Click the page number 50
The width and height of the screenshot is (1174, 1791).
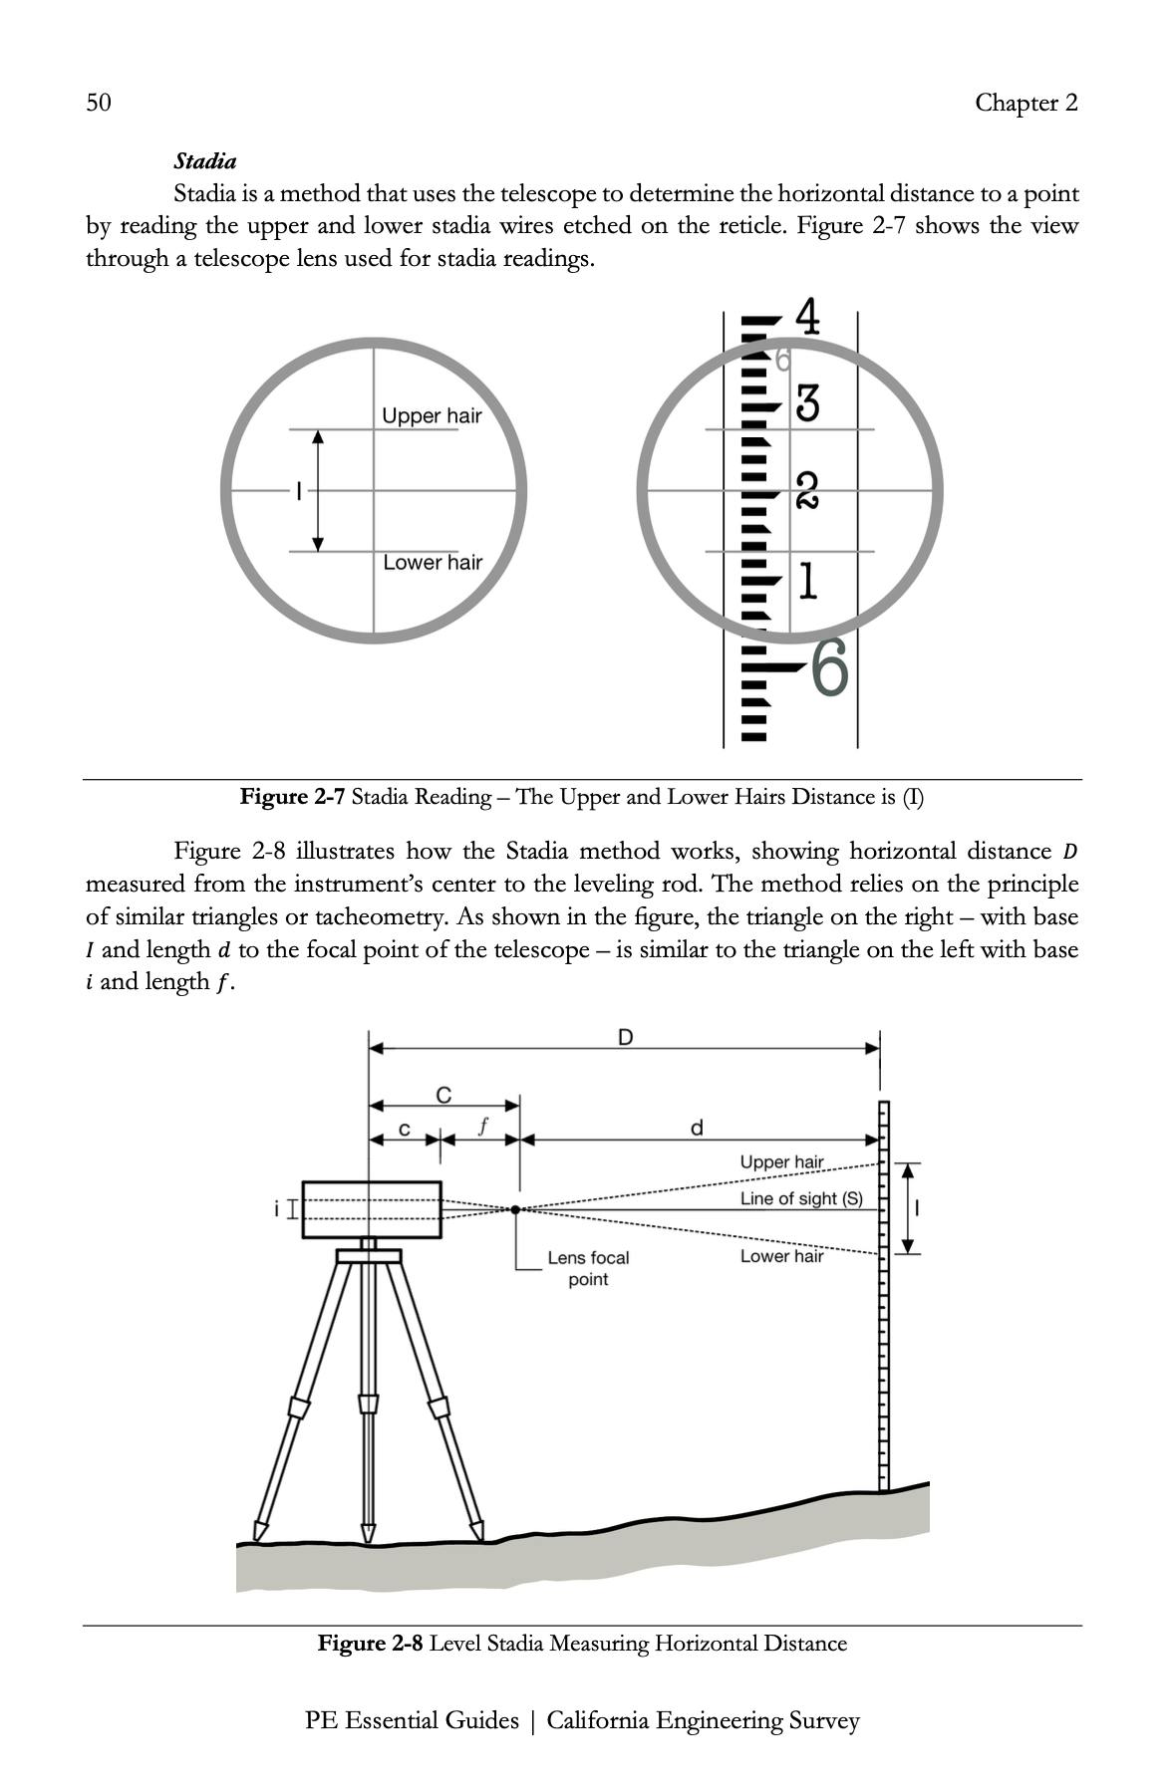tap(99, 103)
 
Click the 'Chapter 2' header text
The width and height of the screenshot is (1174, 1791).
tap(1026, 103)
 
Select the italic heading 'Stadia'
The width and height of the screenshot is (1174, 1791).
tap(204, 160)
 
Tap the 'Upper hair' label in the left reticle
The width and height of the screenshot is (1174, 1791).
tap(432, 415)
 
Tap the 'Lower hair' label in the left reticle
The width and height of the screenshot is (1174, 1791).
tap(433, 563)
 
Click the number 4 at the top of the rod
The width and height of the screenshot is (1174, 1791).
tap(808, 318)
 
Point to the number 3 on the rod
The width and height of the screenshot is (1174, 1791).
tap(807, 404)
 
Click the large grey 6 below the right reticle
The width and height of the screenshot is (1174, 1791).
tap(829, 667)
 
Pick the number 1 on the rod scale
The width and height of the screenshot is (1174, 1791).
tap(807, 582)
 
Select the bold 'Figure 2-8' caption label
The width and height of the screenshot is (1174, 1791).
tap(370, 1643)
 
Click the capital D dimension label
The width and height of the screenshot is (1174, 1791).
tap(625, 1037)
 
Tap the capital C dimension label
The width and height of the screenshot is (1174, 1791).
tap(443, 1095)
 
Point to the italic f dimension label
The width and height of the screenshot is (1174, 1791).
tap(482, 1127)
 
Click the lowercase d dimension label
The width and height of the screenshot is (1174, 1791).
tap(697, 1128)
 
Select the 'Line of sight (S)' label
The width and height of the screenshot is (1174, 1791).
tap(801, 1198)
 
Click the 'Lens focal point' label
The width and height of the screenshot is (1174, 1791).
tap(588, 1268)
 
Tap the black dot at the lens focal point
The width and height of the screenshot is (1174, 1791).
tap(515, 1209)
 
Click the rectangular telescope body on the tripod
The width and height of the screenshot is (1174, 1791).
tap(371, 1209)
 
